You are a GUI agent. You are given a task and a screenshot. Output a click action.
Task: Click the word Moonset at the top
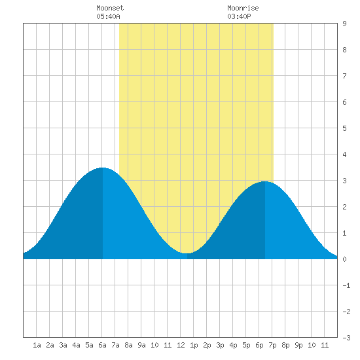coord(110,8)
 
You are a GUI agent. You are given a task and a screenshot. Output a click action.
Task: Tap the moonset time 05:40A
coord(108,16)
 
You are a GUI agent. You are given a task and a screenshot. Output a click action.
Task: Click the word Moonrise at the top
coord(243,8)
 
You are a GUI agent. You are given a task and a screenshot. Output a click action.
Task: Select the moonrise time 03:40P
coord(239,16)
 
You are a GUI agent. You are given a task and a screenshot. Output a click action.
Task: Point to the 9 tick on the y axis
coord(344,24)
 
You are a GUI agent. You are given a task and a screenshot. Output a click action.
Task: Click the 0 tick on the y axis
coord(344,259)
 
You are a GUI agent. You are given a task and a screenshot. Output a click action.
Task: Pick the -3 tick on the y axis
coord(346,338)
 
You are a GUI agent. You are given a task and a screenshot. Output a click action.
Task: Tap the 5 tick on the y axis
coord(344,128)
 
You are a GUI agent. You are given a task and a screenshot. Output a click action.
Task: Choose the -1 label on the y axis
coord(346,285)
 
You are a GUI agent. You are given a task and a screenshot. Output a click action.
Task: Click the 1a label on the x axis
coord(37,345)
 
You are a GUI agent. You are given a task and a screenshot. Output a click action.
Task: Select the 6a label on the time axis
coord(102,345)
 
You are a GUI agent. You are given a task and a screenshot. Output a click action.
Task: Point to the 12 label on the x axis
coord(181,345)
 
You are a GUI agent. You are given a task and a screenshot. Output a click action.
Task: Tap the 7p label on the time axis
coord(272,345)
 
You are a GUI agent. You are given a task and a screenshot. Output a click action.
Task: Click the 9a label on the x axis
coord(141,345)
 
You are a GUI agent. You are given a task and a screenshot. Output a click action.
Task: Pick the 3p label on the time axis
coord(220,345)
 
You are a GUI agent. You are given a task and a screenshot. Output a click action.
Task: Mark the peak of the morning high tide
coord(102,168)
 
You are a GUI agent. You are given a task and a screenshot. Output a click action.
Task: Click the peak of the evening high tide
coord(265,181)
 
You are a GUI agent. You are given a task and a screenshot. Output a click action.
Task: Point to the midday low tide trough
coord(187,253)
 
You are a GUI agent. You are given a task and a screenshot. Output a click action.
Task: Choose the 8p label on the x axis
coord(285,345)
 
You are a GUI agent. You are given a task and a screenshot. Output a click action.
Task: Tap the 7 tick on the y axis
coord(344,76)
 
